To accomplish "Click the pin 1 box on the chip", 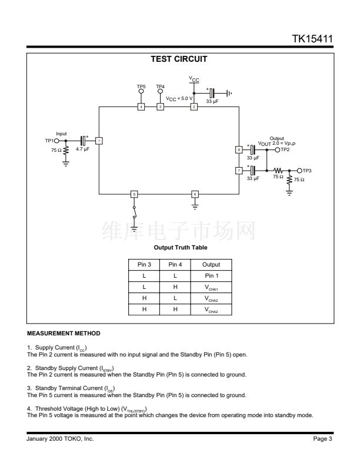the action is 99,141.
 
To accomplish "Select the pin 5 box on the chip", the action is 134,194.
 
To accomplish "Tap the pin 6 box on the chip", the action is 195,194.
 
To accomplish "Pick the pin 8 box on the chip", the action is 239,150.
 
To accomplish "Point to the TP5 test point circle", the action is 141,91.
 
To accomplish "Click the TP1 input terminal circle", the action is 56,141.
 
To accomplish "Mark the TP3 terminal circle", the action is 299,171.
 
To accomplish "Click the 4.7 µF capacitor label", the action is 82,149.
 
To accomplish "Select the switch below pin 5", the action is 134,212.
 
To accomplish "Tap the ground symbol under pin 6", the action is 195,207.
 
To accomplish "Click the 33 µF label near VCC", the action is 212,101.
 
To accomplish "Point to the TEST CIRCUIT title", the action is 179,59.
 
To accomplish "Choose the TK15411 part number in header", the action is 312,39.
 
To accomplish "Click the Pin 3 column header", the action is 144,265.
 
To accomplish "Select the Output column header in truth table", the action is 211,265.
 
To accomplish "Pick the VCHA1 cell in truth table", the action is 211,287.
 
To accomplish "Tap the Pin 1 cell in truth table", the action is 212,276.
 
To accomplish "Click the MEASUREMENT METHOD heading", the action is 64,334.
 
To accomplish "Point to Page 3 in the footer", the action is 322,439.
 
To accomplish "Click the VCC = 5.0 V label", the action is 179,99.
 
